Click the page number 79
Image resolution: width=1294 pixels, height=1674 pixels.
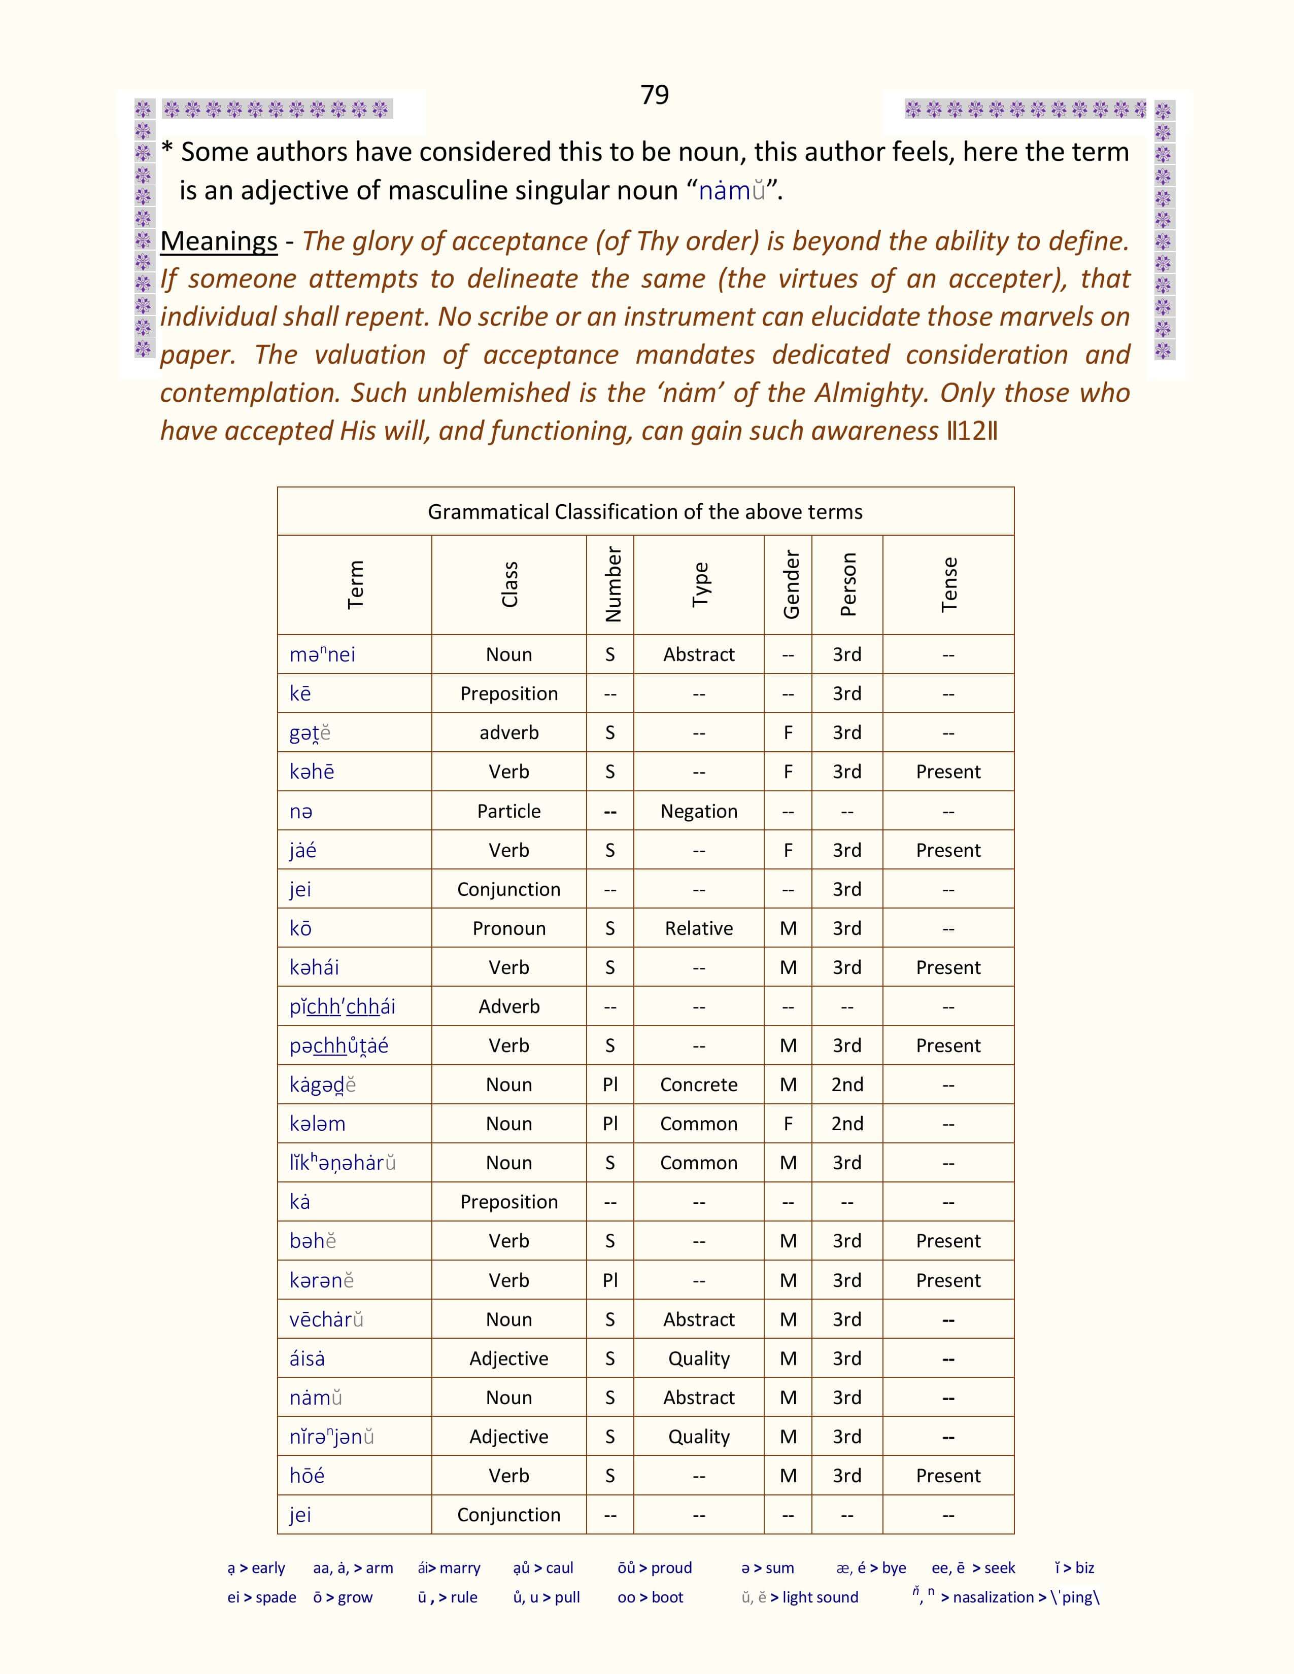654,94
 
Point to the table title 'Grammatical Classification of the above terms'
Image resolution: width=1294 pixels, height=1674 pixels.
644,511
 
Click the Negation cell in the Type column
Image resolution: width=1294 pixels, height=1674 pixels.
698,811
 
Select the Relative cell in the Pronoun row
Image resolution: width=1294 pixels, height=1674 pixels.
698,928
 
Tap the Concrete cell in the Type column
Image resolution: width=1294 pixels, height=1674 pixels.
698,1085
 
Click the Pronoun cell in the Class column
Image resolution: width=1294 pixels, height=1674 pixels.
508,928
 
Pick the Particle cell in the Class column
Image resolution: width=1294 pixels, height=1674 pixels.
508,811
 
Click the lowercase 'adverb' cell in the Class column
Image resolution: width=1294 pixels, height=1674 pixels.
508,733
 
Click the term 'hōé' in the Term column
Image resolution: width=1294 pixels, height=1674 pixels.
307,1476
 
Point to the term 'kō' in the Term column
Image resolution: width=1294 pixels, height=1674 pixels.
300,928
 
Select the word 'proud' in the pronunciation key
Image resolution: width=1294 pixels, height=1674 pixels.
671,1568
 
